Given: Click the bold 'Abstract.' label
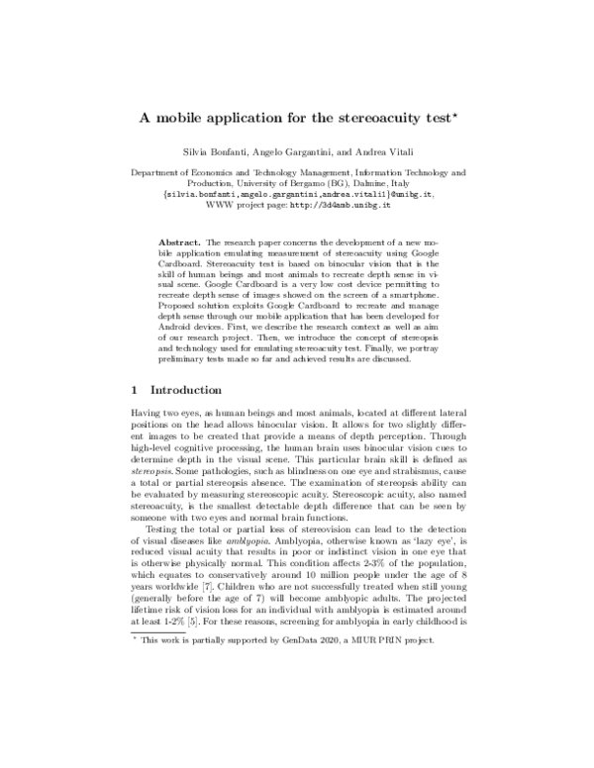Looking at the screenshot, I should (x=183, y=241).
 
